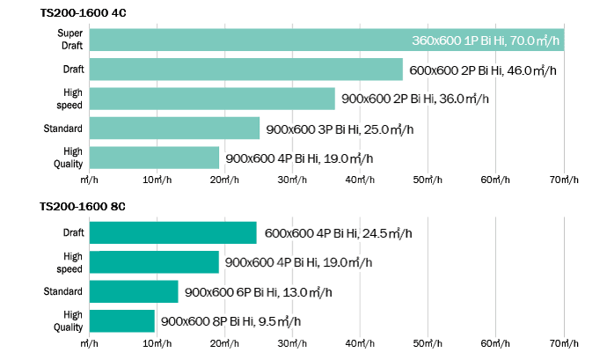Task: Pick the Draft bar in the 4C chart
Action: (245, 70)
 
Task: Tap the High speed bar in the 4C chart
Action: (212, 99)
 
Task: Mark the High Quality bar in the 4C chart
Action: (154, 158)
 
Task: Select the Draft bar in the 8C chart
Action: (172, 232)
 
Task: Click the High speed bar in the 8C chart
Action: (154, 261)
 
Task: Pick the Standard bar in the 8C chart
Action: (134, 291)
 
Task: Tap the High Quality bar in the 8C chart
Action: (122, 320)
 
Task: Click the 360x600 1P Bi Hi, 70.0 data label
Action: (487, 40)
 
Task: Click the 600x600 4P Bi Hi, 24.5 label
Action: (338, 233)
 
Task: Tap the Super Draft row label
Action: (69, 40)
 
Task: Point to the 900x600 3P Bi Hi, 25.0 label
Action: (339, 129)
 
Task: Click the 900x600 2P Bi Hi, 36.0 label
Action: (413, 99)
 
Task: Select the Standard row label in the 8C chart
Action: (63, 291)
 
